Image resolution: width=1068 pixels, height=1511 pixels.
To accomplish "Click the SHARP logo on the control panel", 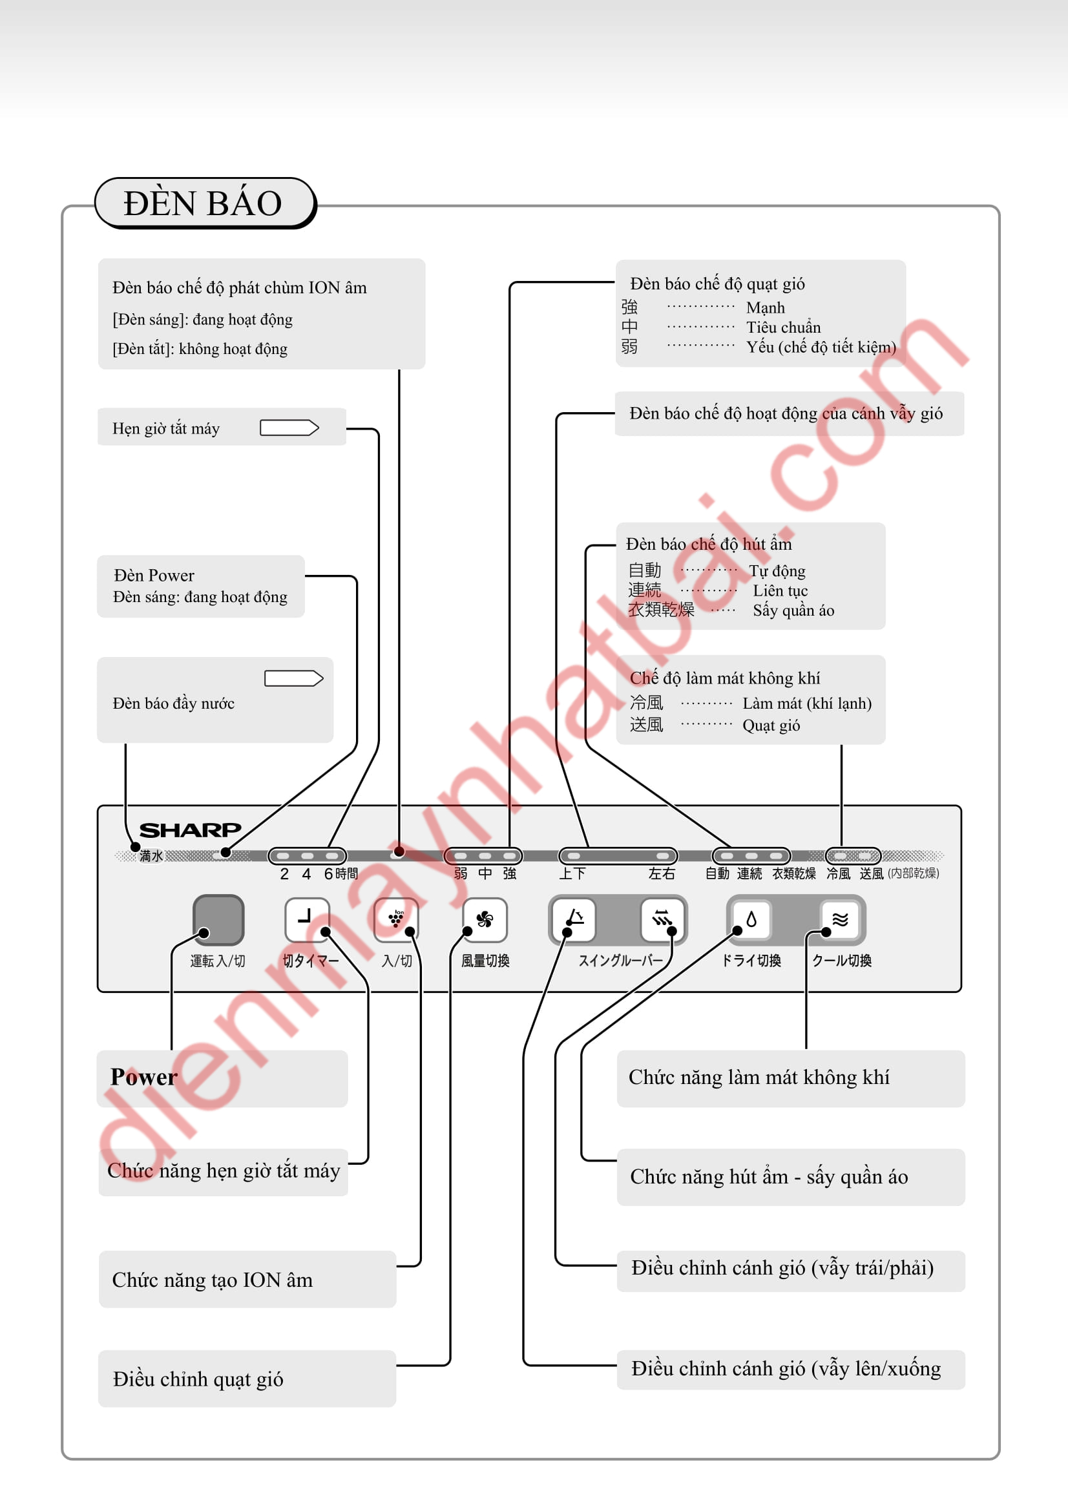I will pyautogui.click(x=190, y=830).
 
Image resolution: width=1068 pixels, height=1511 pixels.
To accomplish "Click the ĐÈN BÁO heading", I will pyautogui.click(x=203, y=203).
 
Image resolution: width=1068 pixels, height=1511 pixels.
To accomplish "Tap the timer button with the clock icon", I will pyautogui.click(x=307, y=919).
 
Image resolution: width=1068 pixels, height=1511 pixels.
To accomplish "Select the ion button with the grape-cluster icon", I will pyautogui.click(x=395, y=919).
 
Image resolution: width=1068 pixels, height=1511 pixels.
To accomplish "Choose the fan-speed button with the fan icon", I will pyautogui.click(x=485, y=919).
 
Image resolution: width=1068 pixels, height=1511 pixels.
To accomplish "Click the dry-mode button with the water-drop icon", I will pyautogui.click(x=751, y=919).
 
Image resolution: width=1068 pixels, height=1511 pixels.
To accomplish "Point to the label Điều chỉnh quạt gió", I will pyautogui.click(x=198, y=1379).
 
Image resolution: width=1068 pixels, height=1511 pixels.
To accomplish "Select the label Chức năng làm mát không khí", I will pyautogui.click(x=759, y=1078).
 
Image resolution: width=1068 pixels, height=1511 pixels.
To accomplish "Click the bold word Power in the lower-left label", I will pyautogui.click(x=144, y=1078).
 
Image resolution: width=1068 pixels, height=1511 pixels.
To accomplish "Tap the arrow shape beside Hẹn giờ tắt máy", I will pyautogui.click(x=289, y=428).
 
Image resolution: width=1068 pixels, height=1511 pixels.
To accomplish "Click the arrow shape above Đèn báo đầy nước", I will pyautogui.click(x=293, y=678).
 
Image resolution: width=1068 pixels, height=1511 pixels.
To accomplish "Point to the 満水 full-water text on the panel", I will pyautogui.click(x=151, y=855).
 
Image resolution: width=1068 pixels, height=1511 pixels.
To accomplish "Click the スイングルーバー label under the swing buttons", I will pyautogui.click(x=620, y=961).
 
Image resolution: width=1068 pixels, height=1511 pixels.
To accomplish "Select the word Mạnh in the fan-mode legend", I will pyautogui.click(x=765, y=308).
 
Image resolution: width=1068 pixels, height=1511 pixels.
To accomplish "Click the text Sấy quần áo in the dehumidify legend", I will pyautogui.click(x=793, y=610).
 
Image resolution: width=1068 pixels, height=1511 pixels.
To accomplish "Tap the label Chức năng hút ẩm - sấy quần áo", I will pyautogui.click(x=769, y=1176).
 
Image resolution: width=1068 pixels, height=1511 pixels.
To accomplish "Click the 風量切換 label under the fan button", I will pyautogui.click(x=485, y=961).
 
